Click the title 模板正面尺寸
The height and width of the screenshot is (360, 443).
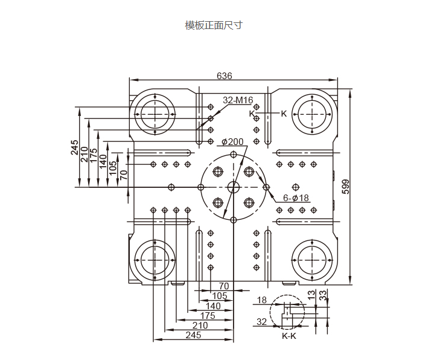(214, 25)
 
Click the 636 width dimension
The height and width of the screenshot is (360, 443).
(224, 76)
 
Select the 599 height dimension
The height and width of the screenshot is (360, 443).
(346, 187)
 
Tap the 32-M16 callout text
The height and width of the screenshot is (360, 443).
(237, 100)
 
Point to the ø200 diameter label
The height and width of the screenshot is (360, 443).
(232, 142)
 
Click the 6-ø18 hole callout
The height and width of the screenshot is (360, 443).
(296, 198)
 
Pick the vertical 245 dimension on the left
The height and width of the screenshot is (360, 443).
(75, 147)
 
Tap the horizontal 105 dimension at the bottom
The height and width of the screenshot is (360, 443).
(220, 295)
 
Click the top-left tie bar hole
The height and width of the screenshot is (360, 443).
(155, 114)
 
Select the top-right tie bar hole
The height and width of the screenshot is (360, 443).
(312, 114)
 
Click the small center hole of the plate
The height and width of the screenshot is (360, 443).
(233, 187)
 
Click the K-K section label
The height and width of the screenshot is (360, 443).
(289, 335)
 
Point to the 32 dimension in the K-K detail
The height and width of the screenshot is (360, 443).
(261, 322)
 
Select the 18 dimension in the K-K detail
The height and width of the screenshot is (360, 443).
(261, 300)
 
